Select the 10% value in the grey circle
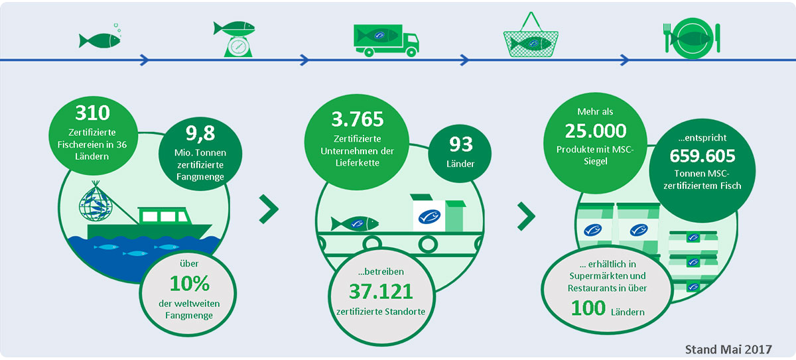click(190, 284)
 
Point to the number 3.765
click(358, 119)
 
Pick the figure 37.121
click(380, 290)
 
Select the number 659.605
click(702, 157)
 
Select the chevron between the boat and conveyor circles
click(269, 210)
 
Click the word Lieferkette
click(358, 162)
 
